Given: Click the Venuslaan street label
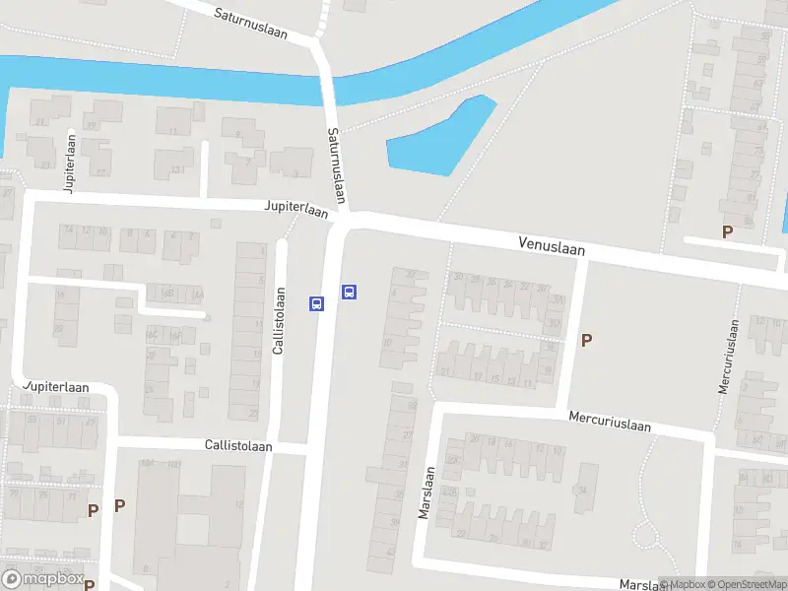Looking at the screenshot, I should [552, 247].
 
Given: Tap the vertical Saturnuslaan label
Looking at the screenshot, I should [337, 166].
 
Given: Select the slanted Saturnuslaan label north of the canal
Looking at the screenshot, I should [250, 23].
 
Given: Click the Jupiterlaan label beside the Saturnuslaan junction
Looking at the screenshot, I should [295, 210].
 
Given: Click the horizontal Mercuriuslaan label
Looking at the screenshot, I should [611, 421].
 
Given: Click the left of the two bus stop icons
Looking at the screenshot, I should [316, 303].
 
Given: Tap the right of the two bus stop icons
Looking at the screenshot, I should [349, 292].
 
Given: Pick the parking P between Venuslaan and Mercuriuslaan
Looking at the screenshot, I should [587, 341].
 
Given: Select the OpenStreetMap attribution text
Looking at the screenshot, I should [745, 584].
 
